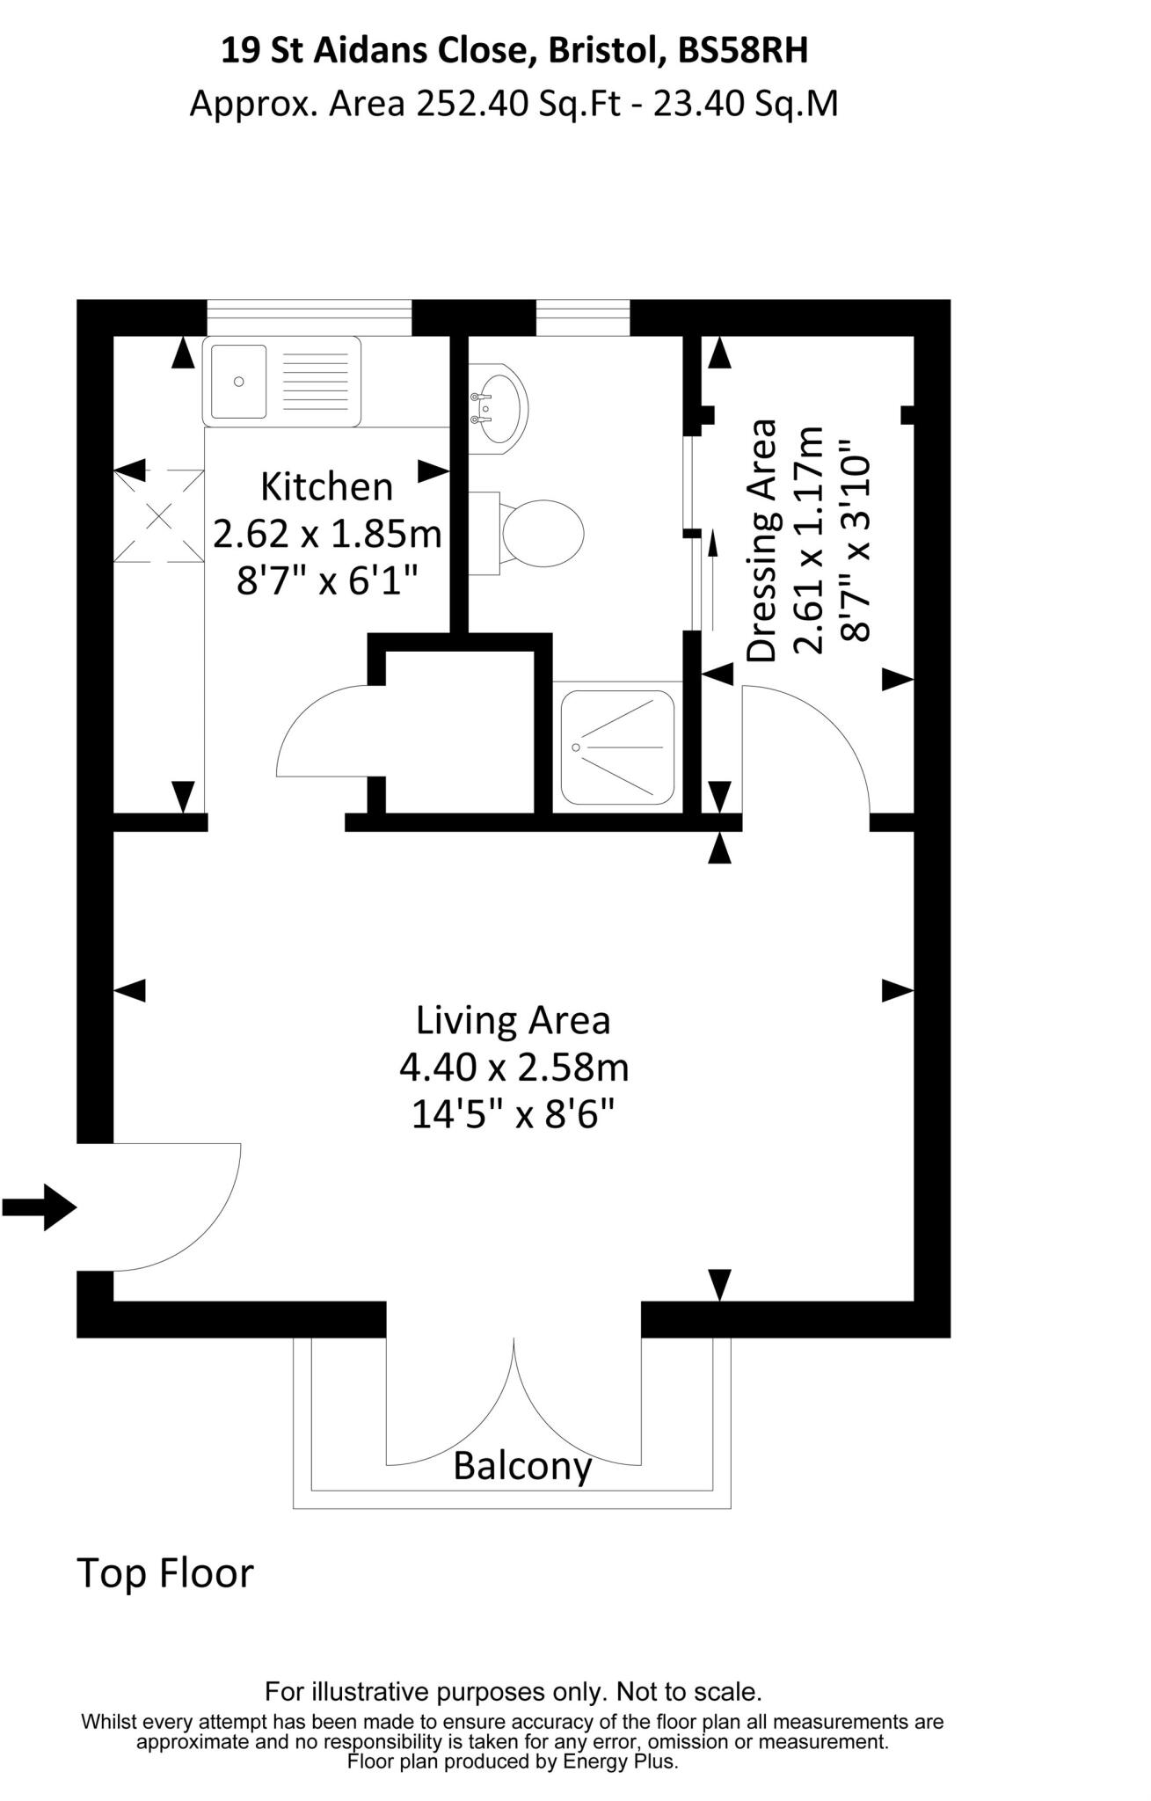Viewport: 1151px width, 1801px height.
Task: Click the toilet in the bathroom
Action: click(x=538, y=533)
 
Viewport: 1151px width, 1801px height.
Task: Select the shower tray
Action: click(x=617, y=747)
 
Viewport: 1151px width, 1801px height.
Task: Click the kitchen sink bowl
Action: click(x=237, y=382)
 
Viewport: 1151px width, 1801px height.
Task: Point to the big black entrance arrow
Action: click(x=40, y=1207)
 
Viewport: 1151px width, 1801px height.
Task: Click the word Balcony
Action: click(x=522, y=1466)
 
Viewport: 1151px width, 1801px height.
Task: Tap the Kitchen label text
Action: click(x=326, y=486)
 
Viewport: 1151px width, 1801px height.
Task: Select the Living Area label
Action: click(x=513, y=1020)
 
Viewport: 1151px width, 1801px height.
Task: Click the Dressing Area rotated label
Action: click(x=761, y=541)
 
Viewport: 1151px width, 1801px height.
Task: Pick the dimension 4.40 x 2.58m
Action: click(x=514, y=1068)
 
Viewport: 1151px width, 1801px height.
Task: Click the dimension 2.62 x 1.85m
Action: click(x=326, y=533)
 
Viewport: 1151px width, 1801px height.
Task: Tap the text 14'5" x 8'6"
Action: click(x=513, y=1115)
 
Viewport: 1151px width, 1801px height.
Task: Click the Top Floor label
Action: click(x=165, y=1573)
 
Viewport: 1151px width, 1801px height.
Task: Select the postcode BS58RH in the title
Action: click(x=742, y=52)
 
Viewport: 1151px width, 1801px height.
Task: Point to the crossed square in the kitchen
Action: click(x=158, y=515)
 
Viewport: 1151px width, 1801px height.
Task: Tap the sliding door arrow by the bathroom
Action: click(x=712, y=576)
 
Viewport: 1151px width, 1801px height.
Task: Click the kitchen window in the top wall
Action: click(x=309, y=317)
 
